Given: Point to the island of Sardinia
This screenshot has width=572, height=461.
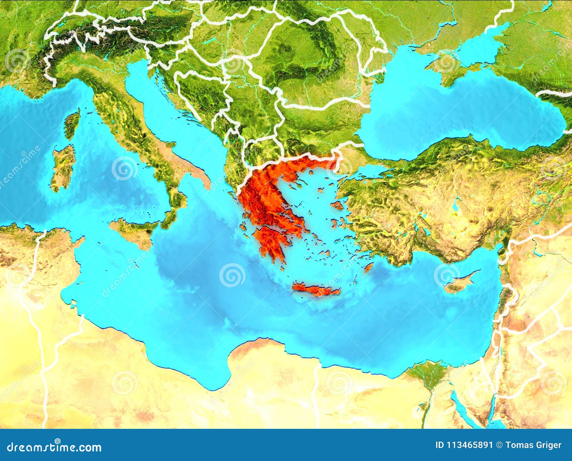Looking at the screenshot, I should (64, 166).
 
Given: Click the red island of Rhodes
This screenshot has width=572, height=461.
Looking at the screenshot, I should (369, 267).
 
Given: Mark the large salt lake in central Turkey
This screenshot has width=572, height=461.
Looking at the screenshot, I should (455, 207).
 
